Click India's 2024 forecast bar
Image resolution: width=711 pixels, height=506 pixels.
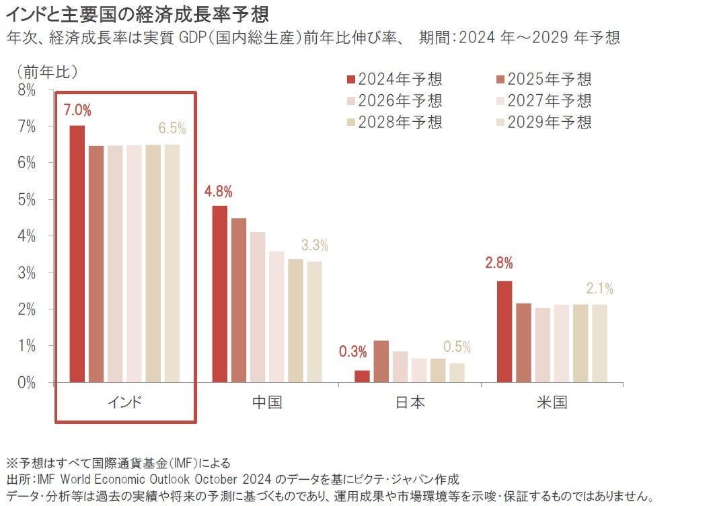(x=77, y=254)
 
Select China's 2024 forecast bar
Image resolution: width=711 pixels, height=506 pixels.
(x=220, y=294)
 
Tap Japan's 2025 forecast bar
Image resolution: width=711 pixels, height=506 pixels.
(x=381, y=361)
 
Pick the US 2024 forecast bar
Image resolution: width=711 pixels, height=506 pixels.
(x=504, y=332)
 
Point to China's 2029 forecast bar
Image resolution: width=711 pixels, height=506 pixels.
(x=315, y=322)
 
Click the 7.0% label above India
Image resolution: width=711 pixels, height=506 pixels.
(x=77, y=110)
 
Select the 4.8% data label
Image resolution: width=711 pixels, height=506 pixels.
(x=219, y=191)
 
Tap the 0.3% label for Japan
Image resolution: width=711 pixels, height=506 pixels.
(x=353, y=351)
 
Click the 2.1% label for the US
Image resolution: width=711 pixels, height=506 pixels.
(x=599, y=289)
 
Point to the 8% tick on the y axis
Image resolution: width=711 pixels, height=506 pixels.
(x=27, y=89)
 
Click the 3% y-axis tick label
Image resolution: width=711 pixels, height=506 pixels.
(x=27, y=273)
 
